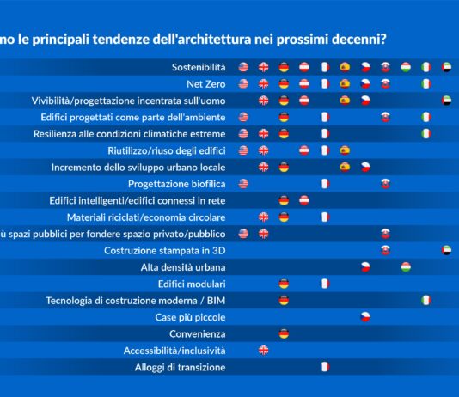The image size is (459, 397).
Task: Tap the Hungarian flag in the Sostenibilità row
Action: (x=406, y=67)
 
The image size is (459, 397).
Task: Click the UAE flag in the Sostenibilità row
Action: (x=446, y=67)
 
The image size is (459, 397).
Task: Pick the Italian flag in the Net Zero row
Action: (x=425, y=83)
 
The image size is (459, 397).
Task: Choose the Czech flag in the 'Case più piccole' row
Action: (x=365, y=316)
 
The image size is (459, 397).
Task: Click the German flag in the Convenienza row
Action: (x=285, y=333)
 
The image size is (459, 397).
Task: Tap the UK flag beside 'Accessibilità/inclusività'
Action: (x=264, y=350)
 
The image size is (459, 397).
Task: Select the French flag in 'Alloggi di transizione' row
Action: (x=325, y=366)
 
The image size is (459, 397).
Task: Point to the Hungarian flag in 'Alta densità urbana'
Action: (x=406, y=266)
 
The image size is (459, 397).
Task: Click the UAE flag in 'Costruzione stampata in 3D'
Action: (x=446, y=250)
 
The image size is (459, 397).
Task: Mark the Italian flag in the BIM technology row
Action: (x=425, y=300)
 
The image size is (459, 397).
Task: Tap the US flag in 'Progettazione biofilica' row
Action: (x=243, y=183)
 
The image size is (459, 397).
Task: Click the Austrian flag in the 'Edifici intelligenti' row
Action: (x=304, y=200)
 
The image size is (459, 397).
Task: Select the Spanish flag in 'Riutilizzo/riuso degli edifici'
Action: (x=345, y=150)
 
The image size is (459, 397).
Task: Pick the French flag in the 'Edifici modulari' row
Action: (x=325, y=283)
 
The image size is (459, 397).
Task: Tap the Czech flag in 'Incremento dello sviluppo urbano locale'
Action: (x=365, y=167)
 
